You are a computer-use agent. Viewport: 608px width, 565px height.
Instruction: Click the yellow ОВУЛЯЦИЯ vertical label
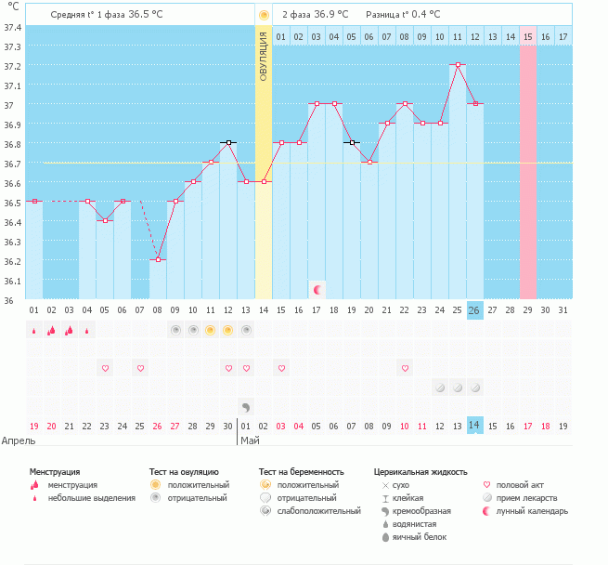click(264, 57)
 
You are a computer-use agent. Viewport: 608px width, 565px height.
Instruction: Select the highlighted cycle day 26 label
click(474, 310)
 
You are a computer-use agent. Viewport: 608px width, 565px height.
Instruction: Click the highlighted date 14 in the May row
click(474, 425)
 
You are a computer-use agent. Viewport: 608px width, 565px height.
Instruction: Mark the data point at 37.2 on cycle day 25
click(457, 65)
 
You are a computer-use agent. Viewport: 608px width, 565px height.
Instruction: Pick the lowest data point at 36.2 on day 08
click(158, 260)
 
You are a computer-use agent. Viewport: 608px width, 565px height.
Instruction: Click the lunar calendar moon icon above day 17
click(317, 290)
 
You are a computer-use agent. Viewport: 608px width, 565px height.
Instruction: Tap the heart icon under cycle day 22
click(404, 368)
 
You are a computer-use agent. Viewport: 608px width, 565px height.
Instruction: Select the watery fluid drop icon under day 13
click(246, 406)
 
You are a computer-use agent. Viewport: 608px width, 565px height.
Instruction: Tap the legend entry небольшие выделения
click(91, 498)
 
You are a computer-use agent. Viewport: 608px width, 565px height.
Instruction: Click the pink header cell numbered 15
click(527, 36)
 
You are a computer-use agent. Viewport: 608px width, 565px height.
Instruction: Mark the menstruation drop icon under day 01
click(33, 330)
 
